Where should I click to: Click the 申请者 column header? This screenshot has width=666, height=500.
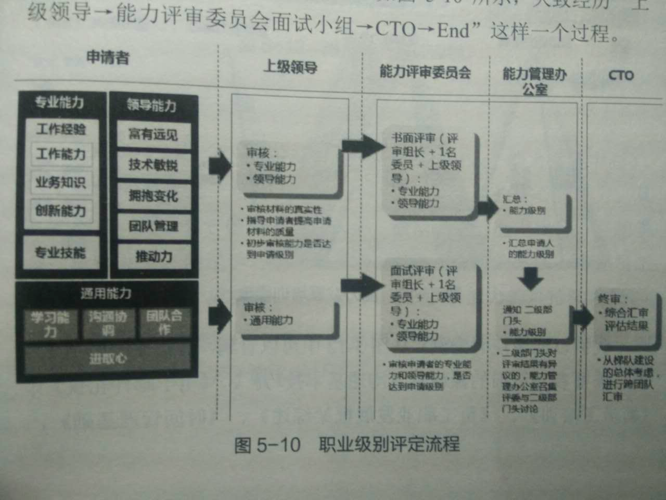108,57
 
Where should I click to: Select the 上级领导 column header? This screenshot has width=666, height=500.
290,67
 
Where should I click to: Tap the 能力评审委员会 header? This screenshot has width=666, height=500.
425,72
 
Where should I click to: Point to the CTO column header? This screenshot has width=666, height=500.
621,76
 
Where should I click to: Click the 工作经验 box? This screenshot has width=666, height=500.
61,129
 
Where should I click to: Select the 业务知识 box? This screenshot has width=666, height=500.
61,183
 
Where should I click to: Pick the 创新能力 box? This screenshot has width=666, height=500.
61,211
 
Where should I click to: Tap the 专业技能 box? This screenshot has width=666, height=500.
60,253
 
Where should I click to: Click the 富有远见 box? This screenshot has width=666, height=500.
153,135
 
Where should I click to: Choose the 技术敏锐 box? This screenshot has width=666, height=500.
153,165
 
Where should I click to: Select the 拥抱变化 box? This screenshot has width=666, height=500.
153,196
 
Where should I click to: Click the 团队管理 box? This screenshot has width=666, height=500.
153,226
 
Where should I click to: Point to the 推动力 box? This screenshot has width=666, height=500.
153,256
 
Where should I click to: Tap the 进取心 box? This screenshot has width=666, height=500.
108,358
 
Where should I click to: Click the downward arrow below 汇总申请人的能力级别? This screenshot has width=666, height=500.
531,278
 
